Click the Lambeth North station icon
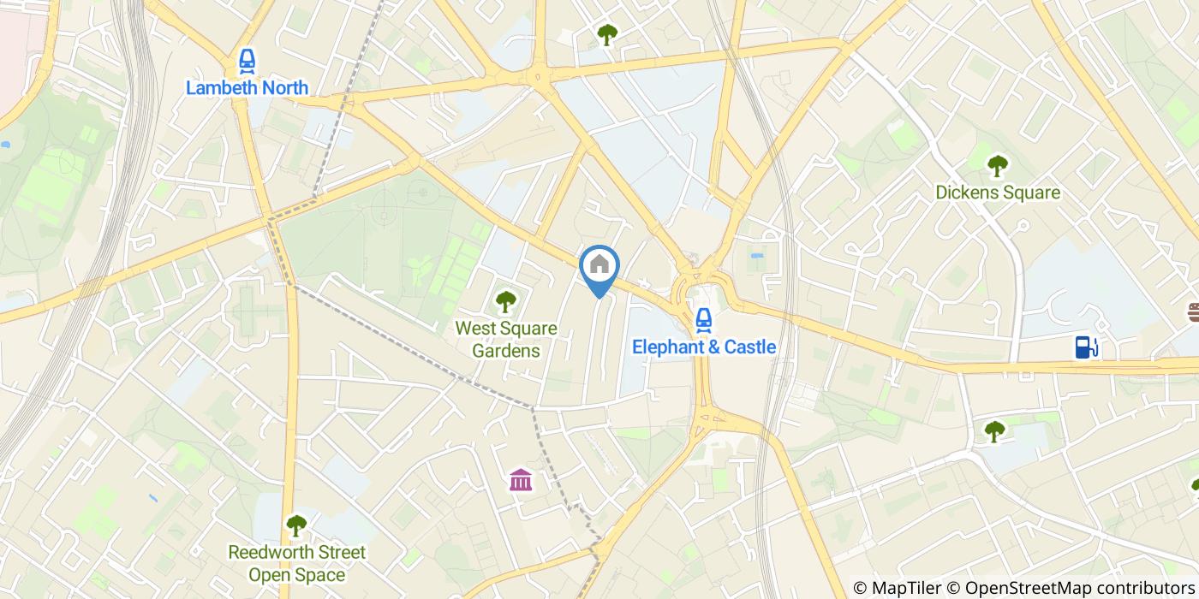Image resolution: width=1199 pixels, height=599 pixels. pos(247,61)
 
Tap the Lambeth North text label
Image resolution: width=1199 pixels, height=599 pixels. pos(247,87)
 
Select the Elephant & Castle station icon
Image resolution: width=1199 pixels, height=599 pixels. pos(703,320)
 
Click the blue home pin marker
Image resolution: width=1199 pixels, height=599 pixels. pos(599,267)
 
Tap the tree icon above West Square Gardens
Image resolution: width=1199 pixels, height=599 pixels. pos(505,301)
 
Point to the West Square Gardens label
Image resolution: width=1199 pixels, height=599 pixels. pos(505,339)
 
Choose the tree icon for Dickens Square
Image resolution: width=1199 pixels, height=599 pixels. pos(997,165)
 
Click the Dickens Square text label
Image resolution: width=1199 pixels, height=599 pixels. pos(997,193)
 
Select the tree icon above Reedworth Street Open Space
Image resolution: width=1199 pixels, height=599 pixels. pos(295,525)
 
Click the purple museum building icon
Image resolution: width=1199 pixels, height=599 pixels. pos(520,480)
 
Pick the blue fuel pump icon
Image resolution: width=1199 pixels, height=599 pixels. pos(1086,347)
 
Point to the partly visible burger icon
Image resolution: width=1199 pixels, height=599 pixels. pos(1192,311)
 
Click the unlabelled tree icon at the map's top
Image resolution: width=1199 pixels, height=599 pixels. pos(607,35)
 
